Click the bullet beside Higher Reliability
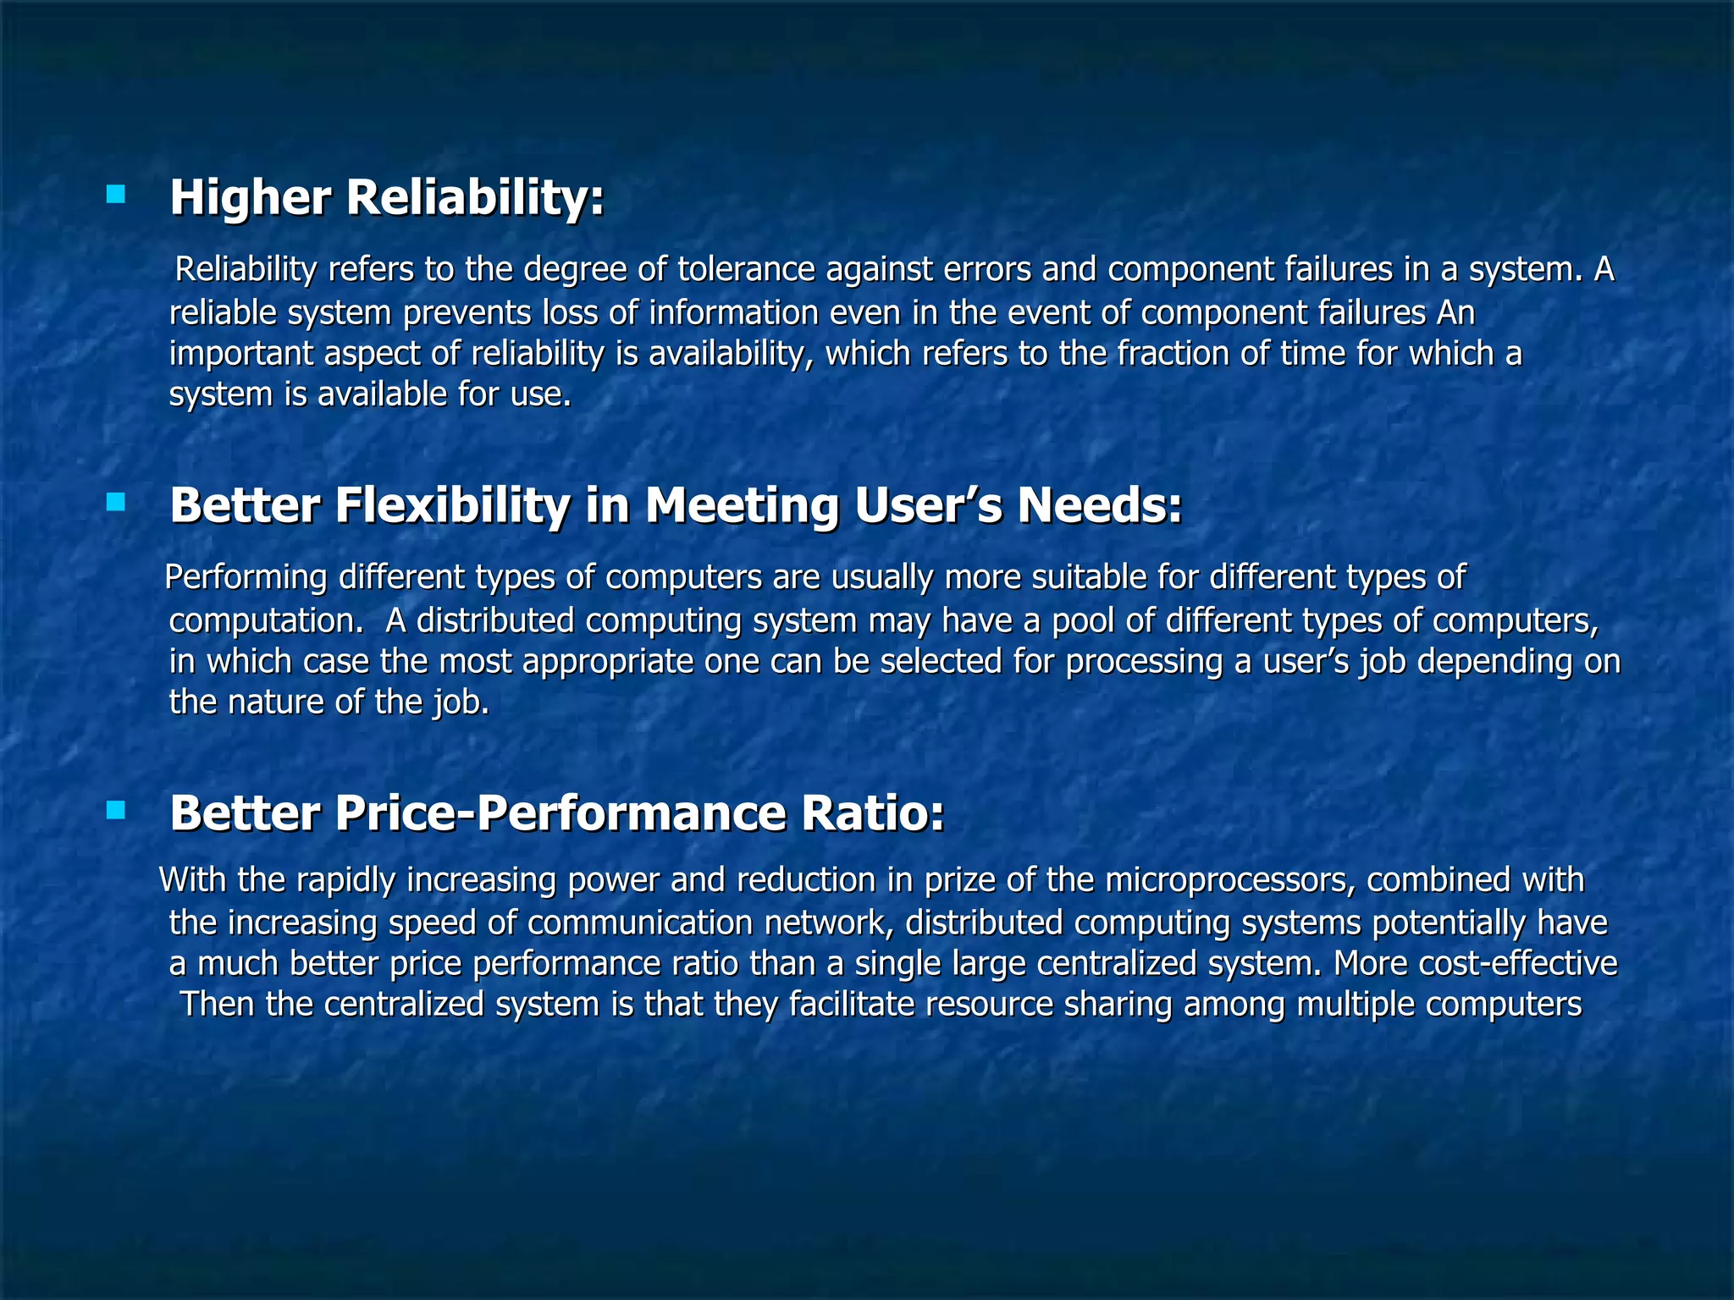click(115, 196)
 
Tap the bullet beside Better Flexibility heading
click(115, 504)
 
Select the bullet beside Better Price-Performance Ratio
click(115, 812)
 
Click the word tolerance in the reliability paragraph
click(746, 270)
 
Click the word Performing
click(246, 578)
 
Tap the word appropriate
click(608, 662)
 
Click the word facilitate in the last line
click(852, 1005)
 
